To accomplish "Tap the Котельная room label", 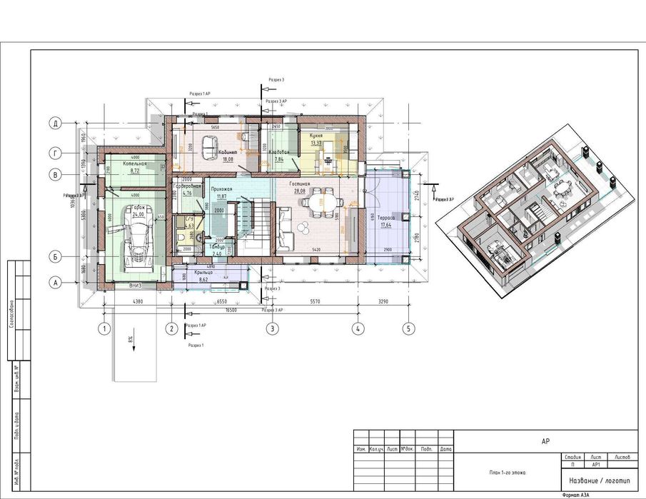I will click(x=134, y=163).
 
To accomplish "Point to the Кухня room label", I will click(x=316, y=135).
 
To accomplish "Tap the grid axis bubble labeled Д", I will click(x=55, y=123).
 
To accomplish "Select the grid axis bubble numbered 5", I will click(x=408, y=329).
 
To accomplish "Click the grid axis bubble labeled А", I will click(x=55, y=282).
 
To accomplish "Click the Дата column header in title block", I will click(x=446, y=449).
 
